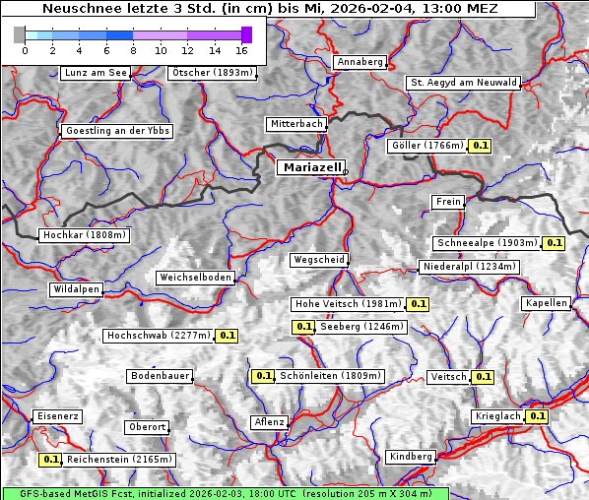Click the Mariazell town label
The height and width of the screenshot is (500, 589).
pyautogui.click(x=311, y=167)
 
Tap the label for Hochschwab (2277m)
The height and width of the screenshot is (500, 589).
pyautogui.click(x=159, y=336)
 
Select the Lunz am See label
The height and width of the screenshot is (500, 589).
pyautogui.click(x=95, y=73)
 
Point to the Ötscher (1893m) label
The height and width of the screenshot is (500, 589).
pyautogui.click(x=212, y=73)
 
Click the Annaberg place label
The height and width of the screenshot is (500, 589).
pyautogui.click(x=360, y=62)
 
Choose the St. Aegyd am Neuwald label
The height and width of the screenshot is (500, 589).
pyautogui.click(x=463, y=83)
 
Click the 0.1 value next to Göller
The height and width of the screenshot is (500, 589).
pyautogui.click(x=480, y=146)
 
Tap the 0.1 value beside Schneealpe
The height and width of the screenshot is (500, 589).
pyautogui.click(x=554, y=243)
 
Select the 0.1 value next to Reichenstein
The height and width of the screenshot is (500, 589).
pyautogui.click(x=50, y=460)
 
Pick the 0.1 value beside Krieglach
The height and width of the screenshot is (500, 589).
pyautogui.click(x=537, y=416)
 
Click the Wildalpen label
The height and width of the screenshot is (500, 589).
pyautogui.click(x=76, y=289)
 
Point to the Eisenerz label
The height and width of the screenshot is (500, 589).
pyautogui.click(x=57, y=416)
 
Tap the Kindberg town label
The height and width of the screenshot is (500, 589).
pyautogui.click(x=411, y=457)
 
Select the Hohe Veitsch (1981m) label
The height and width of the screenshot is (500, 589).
pyautogui.click(x=347, y=304)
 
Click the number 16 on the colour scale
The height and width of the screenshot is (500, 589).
pyautogui.click(x=241, y=49)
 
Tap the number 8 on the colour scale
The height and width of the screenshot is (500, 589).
pyautogui.click(x=133, y=49)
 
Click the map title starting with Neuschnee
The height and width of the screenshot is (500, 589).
pyautogui.click(x=269, y=9)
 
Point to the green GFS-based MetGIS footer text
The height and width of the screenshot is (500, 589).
pyautogui.click(x=225, y=493)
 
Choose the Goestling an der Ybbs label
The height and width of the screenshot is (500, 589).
pyautogui.click(x=117, y=131)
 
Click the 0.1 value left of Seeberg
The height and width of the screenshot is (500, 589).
pyautogui.click(x=303, y=327)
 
